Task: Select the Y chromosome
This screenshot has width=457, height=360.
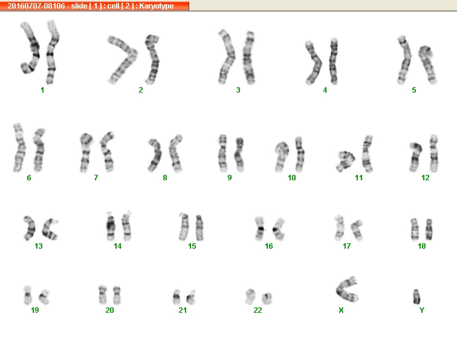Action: pos(416,296)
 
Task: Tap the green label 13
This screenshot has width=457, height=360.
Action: pos(39,246)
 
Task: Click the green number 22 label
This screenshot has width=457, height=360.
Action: pos(258,310)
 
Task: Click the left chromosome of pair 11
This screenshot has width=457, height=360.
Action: pos(346,161)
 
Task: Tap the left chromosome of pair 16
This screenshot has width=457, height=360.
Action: pos(260,229)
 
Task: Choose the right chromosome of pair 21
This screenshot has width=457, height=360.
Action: pos(191,298)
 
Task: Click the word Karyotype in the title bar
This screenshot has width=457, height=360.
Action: pos(156,6)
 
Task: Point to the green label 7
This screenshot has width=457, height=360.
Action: pos(96,178)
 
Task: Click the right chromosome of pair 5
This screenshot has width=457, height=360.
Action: pos(427,65)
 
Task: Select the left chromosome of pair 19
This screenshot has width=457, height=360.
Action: pos(27,295)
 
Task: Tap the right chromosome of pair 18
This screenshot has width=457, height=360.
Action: pos(429,229)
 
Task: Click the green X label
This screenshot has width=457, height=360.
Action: pos(342,310)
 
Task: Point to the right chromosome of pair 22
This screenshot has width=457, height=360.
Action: pos(267,298)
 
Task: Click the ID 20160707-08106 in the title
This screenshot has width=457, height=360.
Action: pos(36,6)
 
